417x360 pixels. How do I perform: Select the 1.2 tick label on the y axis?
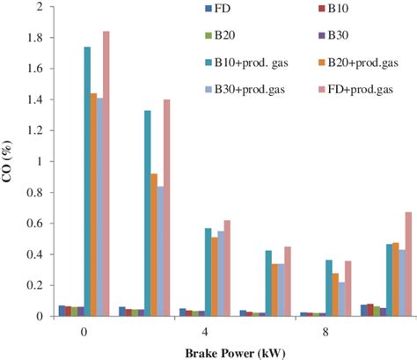tap(32, 131)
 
